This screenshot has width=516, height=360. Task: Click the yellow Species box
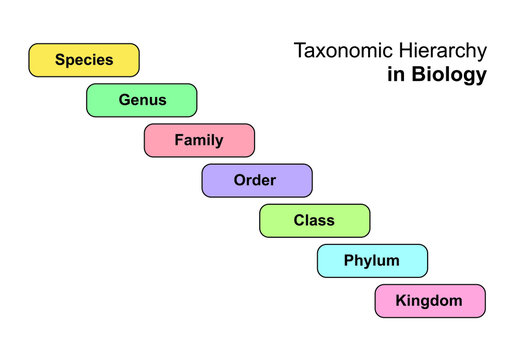pyautogui.click(x=84, y=60)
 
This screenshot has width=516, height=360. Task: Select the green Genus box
pyautogui.click(x=142, y=100)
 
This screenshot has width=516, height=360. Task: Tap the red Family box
pyautogui.click(x=199, y=140)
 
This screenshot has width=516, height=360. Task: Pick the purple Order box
pyautogui.click(x=257, y=180)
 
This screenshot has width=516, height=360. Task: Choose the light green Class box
pyautogui.click(x=315, y=220)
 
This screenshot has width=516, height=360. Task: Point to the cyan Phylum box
pyautogui.click(x=372, y=261)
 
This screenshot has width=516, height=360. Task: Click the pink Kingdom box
pyautogui.click(x=430, y=301)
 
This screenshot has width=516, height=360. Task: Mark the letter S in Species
pyautogui.click(x=60, y=60)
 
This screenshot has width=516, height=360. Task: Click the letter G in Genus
pyautogui.click(x=124, y=100)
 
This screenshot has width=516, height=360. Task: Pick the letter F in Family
pyautogui.click(x=179, y=140)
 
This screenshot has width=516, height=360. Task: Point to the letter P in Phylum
pyautogui.click(x=349, y=260)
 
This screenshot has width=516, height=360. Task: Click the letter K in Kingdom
pyautogui.click(x=401, y=300)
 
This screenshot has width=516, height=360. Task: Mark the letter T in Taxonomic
pyautogui.click(x=298, y=50)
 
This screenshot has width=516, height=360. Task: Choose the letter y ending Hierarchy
pyautogui.click(x=482, y=53)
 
